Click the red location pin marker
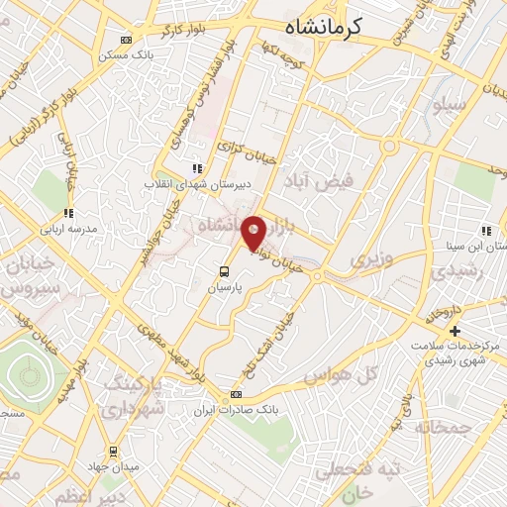coord(253,233)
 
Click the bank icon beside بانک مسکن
coord(125,40)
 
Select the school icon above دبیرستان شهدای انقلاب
coord(197,168)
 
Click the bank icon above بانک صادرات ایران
coord(235,393)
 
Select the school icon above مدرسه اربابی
coord(68,213)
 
